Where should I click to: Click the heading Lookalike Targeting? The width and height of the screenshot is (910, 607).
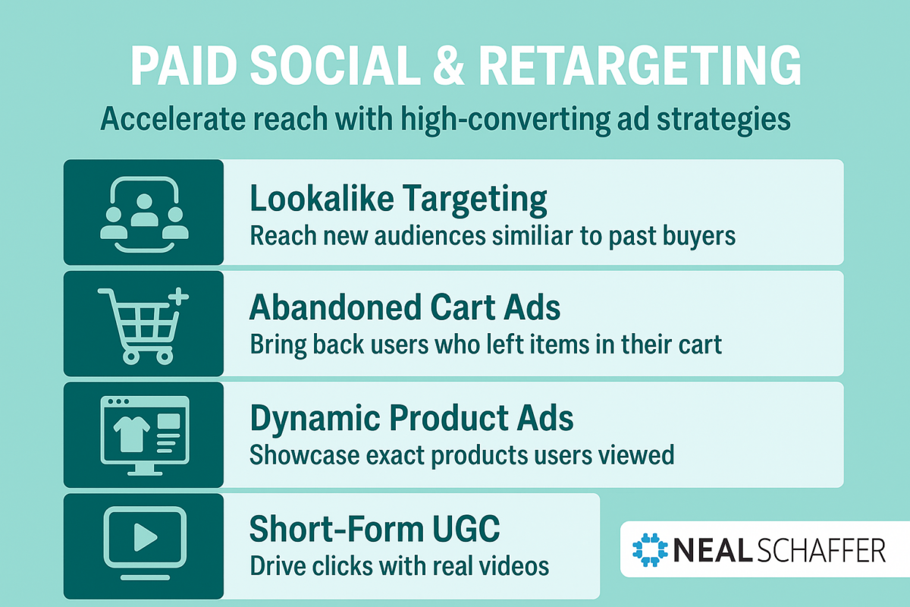(x=398, y=199)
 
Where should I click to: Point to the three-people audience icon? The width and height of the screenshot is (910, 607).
(x=143, y=214)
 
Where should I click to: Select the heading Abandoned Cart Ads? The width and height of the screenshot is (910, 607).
(x=405, y=309)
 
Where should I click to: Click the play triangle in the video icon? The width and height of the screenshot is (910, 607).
(x=143, y=538)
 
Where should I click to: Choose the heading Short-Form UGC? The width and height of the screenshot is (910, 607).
(x=375, y=529)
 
